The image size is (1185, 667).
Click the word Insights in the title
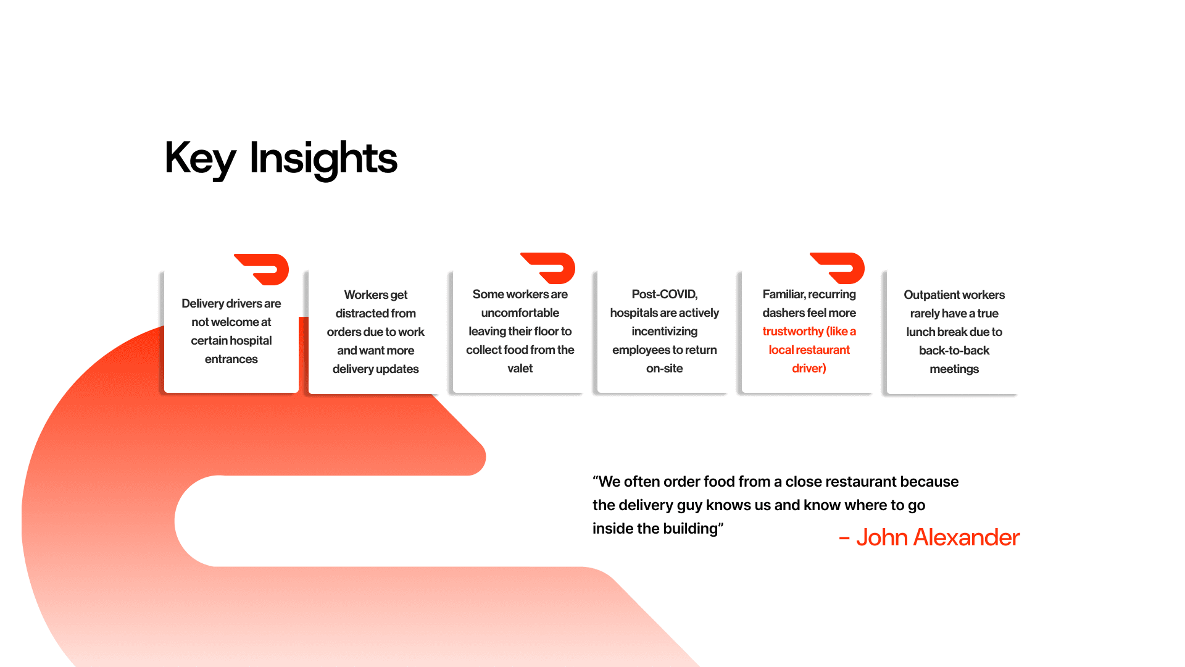tap(323, 159)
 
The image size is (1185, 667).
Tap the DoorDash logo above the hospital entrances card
tap(262, 269)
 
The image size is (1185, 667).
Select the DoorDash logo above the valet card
tap(548, 268)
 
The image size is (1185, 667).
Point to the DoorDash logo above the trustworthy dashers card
tap(838, 268)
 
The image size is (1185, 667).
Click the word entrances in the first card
tap(231, 359)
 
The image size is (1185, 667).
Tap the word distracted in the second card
tap(376, 313)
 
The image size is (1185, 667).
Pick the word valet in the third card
tap(520, 368)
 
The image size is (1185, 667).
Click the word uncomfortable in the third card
tap(520, 313)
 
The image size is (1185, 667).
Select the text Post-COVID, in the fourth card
tap(665, 294)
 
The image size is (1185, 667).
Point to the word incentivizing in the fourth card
tap(665, 331)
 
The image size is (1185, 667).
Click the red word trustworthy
tap(793, 331)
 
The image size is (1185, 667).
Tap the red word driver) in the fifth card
tap(809, 368)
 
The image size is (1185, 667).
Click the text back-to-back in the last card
tap(954, 350)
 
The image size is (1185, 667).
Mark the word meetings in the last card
tap(954, 369)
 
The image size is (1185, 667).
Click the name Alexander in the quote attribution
tap(967, 537)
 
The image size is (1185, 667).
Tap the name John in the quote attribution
tap(882, 537)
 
